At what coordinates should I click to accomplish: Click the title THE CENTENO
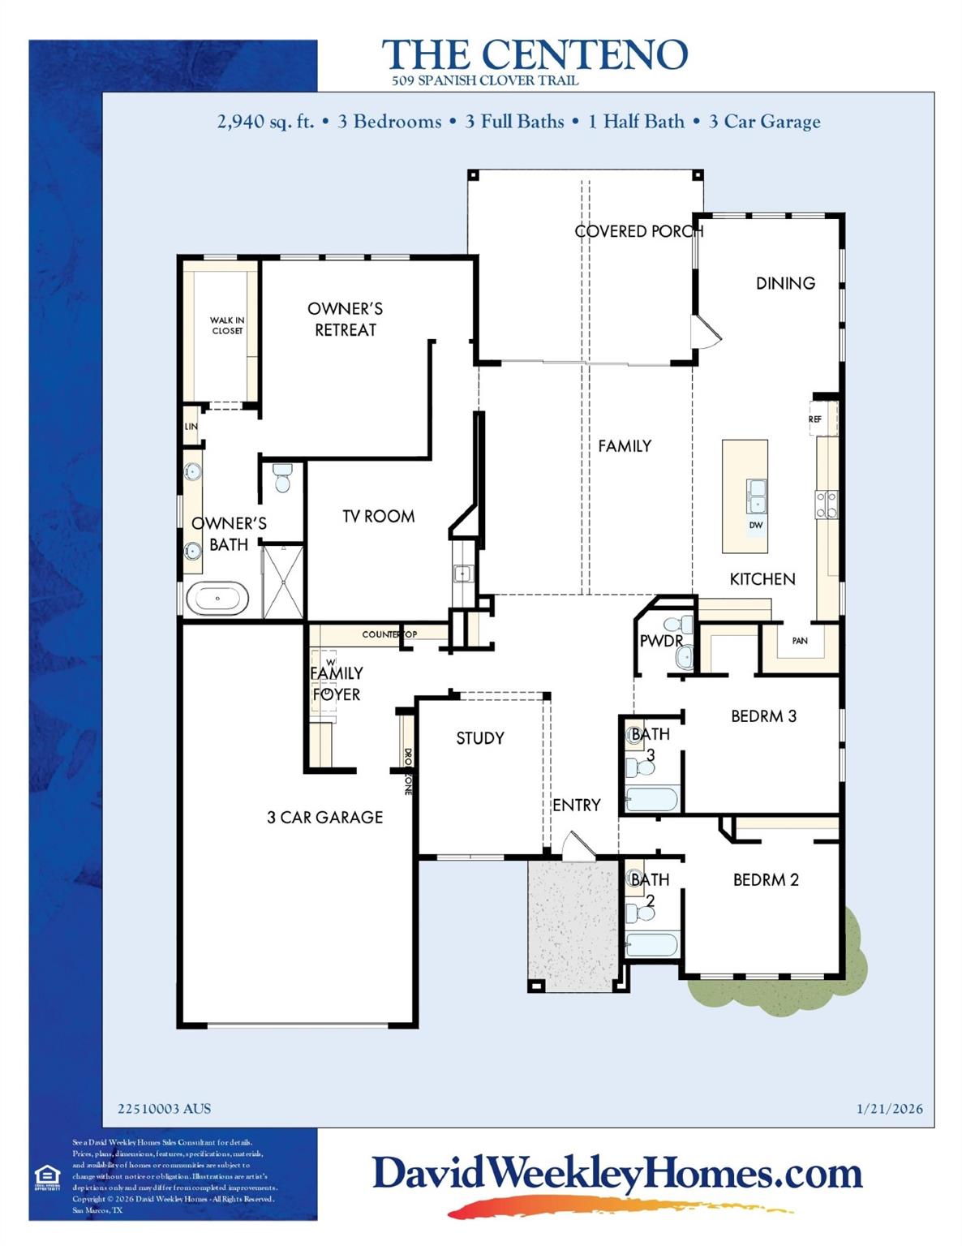(x=535, y=55)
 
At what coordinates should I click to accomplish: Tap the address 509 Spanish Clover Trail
(x=485, y=80)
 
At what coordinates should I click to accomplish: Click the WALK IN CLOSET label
(x=227, y=325)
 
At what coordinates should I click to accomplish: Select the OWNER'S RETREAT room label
(x=345, y=319)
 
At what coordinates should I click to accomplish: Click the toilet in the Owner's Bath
(x=282, y=478)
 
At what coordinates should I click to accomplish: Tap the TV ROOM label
(x=378, y=516)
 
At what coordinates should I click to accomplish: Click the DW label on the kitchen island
(x=756, y=525)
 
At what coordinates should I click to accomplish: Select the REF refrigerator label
(x=815, y=419)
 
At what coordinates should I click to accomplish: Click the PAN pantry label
(x=800, y=640)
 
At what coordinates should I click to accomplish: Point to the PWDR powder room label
(x=660, y=641)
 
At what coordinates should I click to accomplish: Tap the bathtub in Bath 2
(x=651, y=944)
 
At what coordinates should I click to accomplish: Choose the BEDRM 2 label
(x=766, y=879)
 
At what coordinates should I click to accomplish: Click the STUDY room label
(x=479, y=738)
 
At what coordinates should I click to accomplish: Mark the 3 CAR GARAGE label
(x=324, y=817)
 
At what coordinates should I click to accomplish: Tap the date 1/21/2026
(x=889, y=1109)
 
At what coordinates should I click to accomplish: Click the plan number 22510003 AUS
(x=164, y=1109)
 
